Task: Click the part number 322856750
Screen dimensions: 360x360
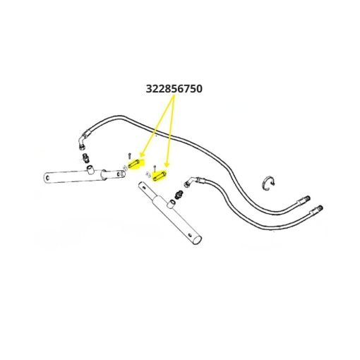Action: tap(174, 89)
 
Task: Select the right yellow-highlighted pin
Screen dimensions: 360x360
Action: tap(160, 176)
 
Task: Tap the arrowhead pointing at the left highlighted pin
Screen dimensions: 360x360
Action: tap(142, 155)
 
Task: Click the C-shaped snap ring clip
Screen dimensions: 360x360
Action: tap(268, 184)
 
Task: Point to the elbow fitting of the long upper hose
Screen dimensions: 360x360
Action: tap(83, 140)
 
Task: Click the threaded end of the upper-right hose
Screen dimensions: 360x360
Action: tap(306, 199)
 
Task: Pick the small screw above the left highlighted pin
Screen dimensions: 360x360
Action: tap(129, 156)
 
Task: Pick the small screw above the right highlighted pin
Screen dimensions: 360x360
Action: tap(154, 168)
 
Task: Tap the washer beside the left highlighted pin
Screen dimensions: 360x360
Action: tap(125, 167)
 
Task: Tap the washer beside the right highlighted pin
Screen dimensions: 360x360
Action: tap(148, 174)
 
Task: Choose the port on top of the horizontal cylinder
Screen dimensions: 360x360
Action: tap(90, 169)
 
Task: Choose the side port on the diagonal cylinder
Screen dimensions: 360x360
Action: tap(171, 203)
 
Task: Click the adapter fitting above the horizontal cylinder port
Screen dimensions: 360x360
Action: tap(85, 158)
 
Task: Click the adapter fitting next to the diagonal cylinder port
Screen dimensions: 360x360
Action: tap(179, 194)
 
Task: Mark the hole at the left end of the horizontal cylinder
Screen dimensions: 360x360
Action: tap(48, 178)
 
